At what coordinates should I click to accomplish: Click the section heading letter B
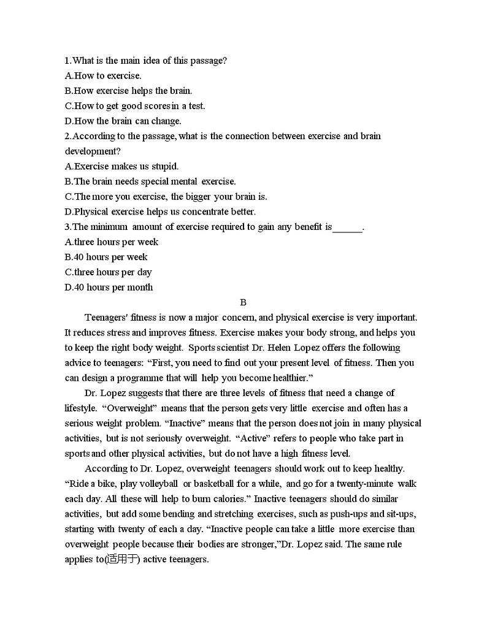click(243, 302)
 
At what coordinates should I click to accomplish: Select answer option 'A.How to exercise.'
click(103, 76)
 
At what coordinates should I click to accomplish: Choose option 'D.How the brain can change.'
click(123, 121)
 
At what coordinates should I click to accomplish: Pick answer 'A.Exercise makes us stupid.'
click(121, 166)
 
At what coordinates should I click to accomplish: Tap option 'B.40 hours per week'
click(106, 257)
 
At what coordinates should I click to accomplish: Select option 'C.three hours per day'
click(108, 272)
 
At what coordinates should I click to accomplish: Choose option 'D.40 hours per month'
click(109, 288)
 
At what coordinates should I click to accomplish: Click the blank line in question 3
click(347, 227)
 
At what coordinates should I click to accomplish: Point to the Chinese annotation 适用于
click(122, 559)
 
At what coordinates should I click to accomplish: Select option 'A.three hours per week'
click(112, 242)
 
